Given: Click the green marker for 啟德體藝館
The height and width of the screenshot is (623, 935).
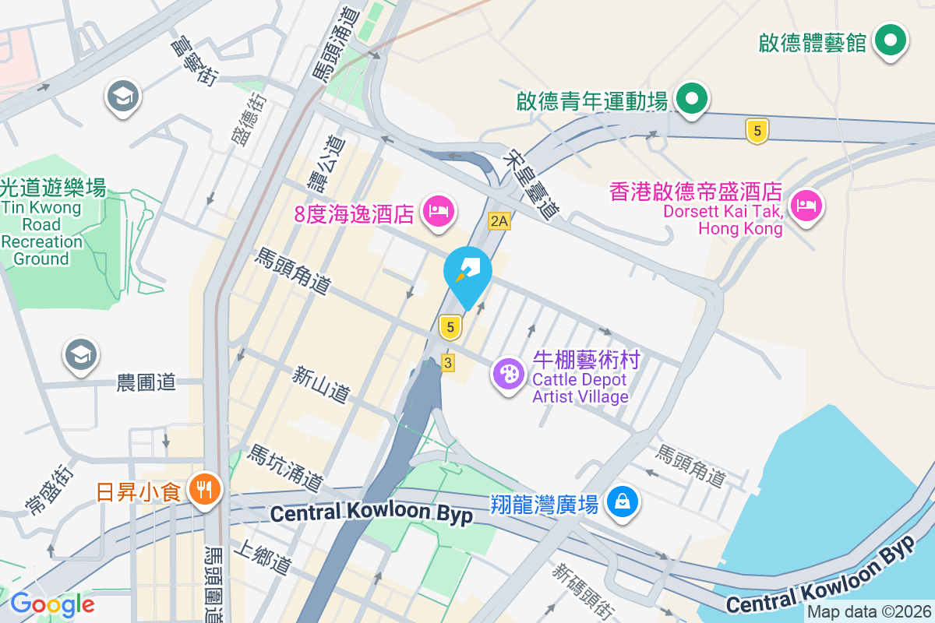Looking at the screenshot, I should pos(889,40).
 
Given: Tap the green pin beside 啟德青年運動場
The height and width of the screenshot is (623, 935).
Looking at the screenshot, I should pos(690,99).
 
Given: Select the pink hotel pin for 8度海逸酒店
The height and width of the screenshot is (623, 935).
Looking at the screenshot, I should pos(438,210).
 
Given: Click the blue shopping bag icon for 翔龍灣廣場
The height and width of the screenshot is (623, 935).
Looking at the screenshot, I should pos(623,501).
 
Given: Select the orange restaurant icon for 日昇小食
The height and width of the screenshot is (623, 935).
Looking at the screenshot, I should pos(206,490).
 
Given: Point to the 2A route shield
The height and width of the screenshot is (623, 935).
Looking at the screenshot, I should pos(499,222).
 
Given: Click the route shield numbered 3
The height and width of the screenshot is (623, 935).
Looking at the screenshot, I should pos(447,363).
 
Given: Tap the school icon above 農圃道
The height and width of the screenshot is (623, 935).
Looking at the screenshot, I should pos(82,354).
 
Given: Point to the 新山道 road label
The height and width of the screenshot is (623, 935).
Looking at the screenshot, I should pos(321,385).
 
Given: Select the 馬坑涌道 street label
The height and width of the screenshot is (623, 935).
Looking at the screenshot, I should pos(284,468).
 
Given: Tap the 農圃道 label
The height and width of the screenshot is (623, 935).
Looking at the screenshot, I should pos(146,382).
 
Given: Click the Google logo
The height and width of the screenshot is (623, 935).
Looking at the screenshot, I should pos(52,604).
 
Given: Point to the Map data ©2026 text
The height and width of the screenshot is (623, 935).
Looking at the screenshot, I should pos(869,612).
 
